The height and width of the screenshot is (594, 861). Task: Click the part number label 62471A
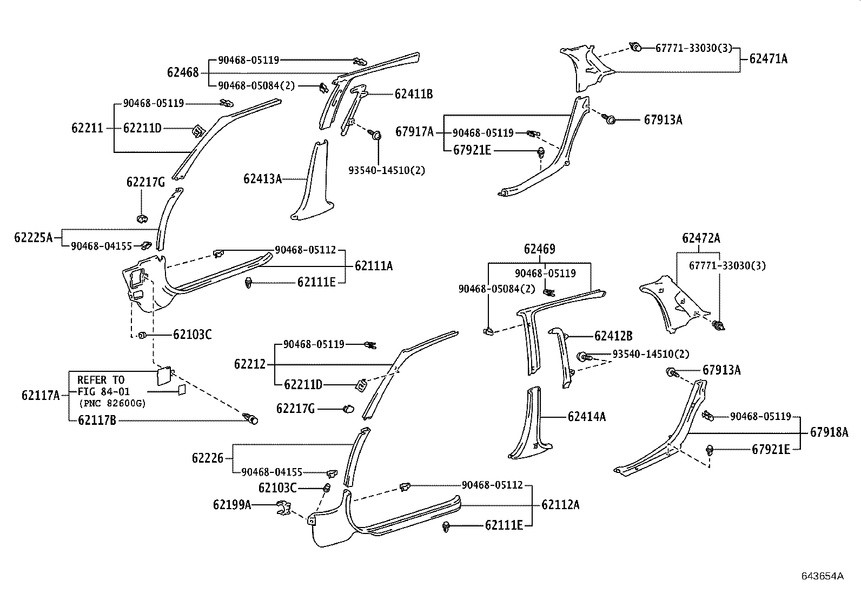click(x=768, y=59)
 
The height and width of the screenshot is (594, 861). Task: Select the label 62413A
click(x=262, y=178)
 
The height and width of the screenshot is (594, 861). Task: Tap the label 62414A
click(x=586, y=417)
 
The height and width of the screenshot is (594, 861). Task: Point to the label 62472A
click(x=701, y=238)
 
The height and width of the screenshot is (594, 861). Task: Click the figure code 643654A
click(x=822, y=576)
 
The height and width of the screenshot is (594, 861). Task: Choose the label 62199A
click(x=231, y=505)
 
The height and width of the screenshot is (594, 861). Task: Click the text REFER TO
click(x=101, y=379)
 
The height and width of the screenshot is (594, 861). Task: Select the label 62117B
click(x=97, y=420)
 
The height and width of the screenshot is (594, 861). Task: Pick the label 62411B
click(x=414, y=94)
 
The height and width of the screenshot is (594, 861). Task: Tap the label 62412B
click(x=613, y=336)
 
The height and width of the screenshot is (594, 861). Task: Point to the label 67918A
click(x=829, y=432)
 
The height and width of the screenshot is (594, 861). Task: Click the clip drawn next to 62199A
click(x=283, y=508)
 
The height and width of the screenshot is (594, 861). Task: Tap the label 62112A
click(x=560, y=505)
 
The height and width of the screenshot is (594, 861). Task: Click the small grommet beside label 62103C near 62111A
click(x=142, y=335)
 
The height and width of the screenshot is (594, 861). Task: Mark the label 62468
click(x=183, y=72)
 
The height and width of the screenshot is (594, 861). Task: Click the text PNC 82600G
click(x=112, y=404)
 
